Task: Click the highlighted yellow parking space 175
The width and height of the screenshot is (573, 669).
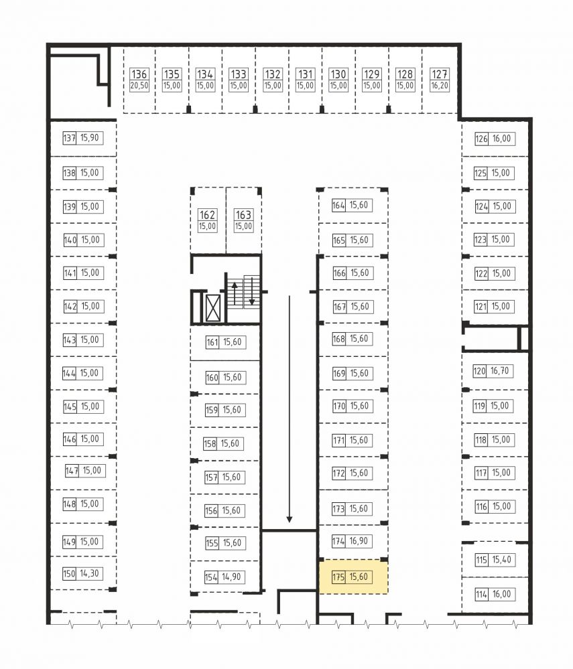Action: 354,577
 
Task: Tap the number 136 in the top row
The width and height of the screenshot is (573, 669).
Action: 139,74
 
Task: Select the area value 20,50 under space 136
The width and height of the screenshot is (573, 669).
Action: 139,85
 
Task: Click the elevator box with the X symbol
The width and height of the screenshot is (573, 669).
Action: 213,307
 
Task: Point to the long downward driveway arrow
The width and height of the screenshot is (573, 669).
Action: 290,408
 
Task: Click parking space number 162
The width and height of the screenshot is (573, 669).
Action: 208,214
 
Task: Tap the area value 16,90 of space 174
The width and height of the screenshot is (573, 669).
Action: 359,541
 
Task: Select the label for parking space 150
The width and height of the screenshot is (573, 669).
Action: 69,573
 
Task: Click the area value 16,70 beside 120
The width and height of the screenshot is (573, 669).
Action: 499,371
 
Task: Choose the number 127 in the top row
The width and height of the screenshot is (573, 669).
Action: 440,74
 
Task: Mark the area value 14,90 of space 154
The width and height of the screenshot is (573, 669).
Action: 231,577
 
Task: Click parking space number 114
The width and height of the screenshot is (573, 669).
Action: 481,594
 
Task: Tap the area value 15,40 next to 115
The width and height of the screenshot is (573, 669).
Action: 502,559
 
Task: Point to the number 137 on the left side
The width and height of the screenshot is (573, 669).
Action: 69,138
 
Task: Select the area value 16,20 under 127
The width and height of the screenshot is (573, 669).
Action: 440,85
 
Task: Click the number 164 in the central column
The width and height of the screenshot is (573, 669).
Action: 338,205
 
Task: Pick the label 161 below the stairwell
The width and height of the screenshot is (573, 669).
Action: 212,342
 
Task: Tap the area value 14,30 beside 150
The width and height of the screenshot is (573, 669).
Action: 89,573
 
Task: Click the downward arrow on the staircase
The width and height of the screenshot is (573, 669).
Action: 252,291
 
